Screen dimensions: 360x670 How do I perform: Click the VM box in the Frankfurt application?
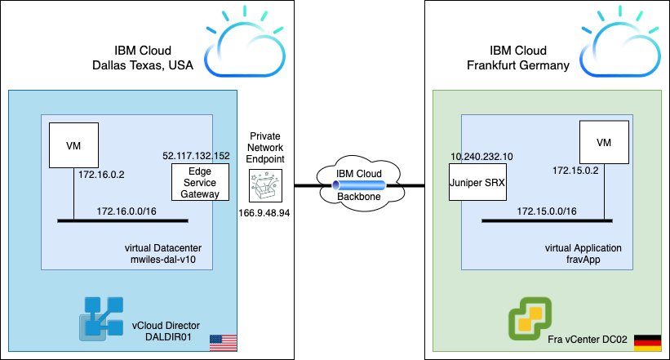[604, 142]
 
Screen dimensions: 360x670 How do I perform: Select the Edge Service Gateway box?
[200, 183]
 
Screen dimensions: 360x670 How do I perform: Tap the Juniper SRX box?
[478, 183]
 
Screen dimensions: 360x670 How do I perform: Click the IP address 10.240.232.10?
[482, 155]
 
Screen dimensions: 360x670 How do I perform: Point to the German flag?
[647, 342]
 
